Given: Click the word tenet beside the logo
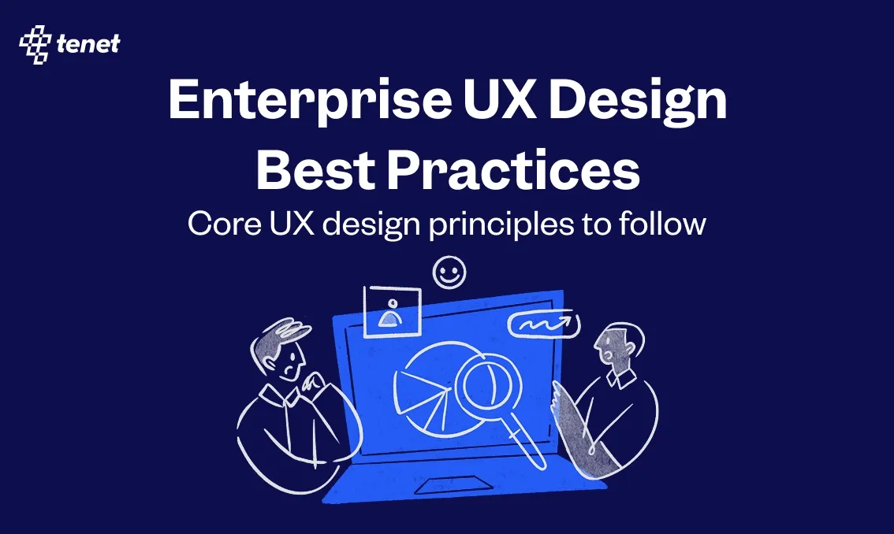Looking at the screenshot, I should (x=88, y=44).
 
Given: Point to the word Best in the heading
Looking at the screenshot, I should (x=315, y=169).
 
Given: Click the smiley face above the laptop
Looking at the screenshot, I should (x=449, y=273).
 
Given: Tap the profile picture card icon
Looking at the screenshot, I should (x=392, y=312).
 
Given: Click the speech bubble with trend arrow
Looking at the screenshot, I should (x=544, y=324).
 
